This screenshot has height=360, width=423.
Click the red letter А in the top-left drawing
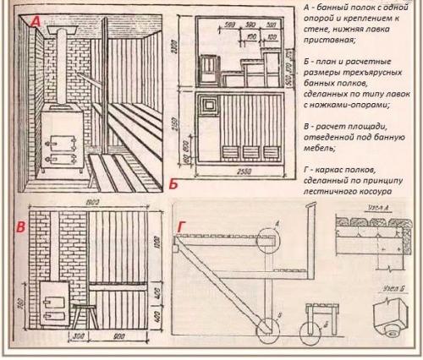point(35,25)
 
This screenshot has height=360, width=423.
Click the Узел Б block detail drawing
point(387,317)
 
